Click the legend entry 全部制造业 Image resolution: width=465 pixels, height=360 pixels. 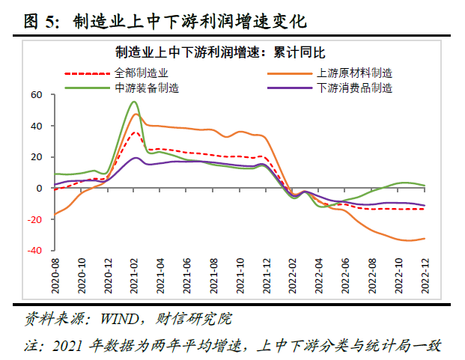(142, 73)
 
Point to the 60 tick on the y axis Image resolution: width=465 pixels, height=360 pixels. (36, 95)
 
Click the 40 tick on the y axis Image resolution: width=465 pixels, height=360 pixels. (36, 126)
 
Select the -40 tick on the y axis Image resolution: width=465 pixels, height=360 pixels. (34, 250)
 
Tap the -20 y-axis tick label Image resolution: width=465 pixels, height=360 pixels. (34, 219)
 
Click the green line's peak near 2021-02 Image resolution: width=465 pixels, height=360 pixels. (134, 102)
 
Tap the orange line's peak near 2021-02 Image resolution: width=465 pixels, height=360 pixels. (136, 114)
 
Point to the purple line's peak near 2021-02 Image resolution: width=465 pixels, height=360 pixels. (136, 158)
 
